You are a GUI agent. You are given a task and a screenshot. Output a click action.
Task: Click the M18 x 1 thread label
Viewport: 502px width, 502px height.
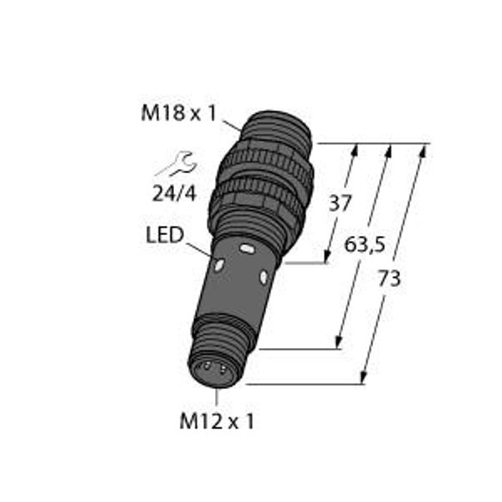(x=179, y=113)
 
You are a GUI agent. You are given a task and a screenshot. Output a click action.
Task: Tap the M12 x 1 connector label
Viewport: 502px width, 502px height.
(x=217, y=421)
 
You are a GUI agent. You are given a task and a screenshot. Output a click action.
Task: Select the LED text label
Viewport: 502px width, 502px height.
(x=165, y=235)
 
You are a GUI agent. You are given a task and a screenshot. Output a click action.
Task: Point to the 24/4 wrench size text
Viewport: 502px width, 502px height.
(x=174, y=194)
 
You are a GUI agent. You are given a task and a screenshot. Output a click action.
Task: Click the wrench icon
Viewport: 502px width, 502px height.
(x=176, y=163)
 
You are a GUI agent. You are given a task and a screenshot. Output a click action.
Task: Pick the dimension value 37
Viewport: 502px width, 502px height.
(x=341, y=203)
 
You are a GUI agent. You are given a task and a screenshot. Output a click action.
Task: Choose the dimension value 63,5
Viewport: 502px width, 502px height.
(x=364, y=245)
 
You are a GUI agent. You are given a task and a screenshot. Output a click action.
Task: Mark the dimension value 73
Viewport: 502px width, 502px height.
(x=389, y=279)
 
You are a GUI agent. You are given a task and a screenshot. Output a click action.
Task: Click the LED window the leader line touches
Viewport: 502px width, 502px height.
(x=219, y=264)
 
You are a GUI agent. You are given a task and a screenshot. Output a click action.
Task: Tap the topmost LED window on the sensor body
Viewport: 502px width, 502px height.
(x=247, y=248)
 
